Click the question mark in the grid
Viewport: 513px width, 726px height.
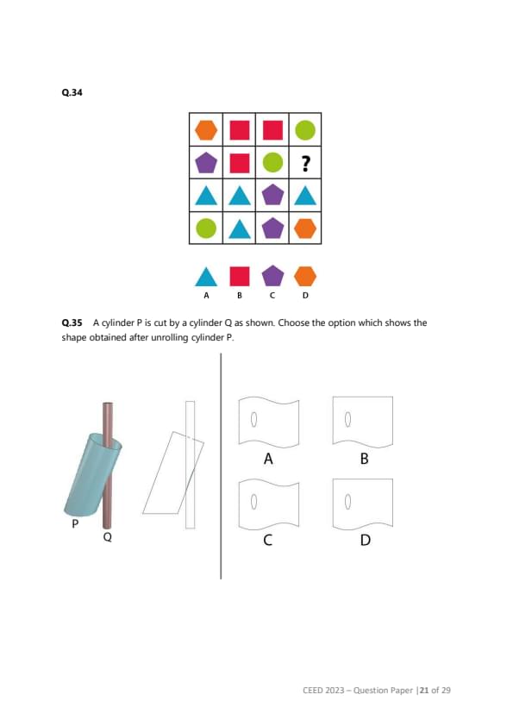click(x=305, y=164)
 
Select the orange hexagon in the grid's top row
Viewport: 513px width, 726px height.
click(x=206, y=130)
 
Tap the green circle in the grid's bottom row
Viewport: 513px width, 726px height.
click(x=206, y=228)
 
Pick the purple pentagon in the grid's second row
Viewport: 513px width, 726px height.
click(x=206, y=163)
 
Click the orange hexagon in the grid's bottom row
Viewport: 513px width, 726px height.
click(x=305, y=228)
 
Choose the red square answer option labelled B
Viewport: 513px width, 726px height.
click(x=240, y=277)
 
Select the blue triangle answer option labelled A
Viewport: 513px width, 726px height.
click(x=206, y=277)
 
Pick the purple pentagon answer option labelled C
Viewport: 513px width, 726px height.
click(x=272, y=276)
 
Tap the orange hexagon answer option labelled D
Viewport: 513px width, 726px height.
click(x=305, y=277)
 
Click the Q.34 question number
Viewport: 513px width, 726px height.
click(x=72, y=92)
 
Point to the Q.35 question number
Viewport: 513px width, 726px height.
click(x=72, y=322)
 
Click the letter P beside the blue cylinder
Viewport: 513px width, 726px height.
click(x=75, y=523)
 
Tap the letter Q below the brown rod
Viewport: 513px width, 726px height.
click(x=108, y=537)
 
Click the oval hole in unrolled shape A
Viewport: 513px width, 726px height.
click(x=253, y=419)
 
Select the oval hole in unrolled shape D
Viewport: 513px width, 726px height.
click(x=348, y=502)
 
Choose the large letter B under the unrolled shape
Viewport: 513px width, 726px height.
click(x=365, y=459)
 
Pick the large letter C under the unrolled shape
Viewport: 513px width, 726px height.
click(x=267, y=540)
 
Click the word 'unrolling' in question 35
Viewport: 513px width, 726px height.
click(x=170, y=337)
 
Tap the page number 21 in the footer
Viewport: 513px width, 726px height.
click(x=424, y=691)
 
